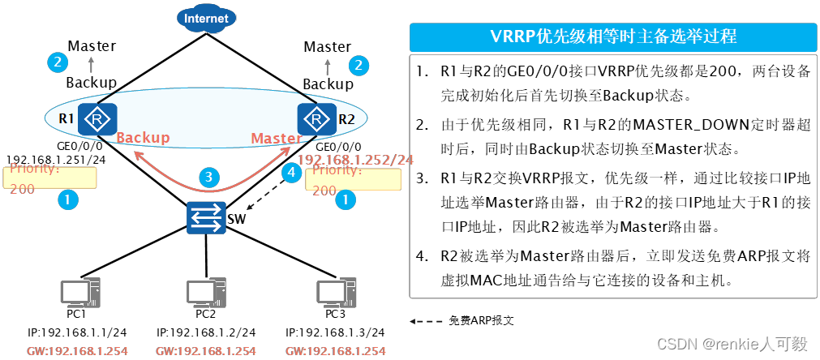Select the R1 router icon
click(98, 119)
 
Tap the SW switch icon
click(206, 217)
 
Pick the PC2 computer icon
click(206, 292)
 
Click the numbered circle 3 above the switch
click(208, 177)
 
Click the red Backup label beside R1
click(143, 138)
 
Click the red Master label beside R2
click(276, 139)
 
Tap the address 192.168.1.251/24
click(56, 159)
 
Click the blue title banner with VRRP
click(613, 36)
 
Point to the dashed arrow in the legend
click(426, 321)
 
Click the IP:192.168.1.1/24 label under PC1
click(77, 332)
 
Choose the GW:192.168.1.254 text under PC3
click(336, 350)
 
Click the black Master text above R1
click(92, 46)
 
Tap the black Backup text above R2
click(328, 84)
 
